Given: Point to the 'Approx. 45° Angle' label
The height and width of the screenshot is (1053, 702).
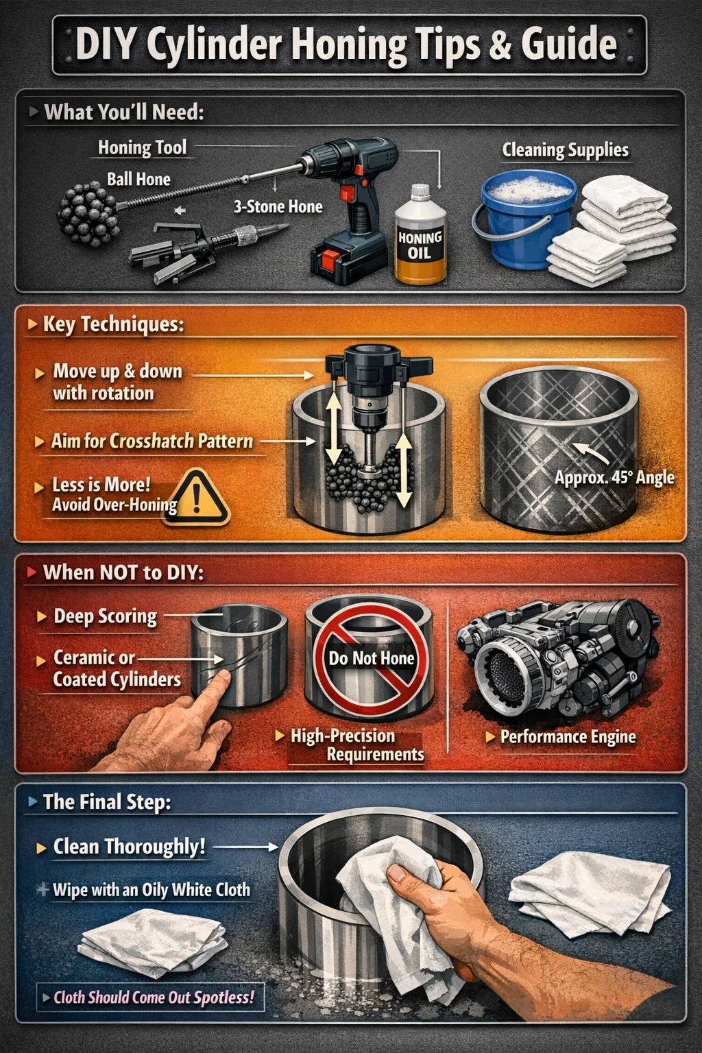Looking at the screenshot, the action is coord(614,478).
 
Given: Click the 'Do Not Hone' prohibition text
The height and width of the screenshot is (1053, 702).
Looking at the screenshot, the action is coord(372,658).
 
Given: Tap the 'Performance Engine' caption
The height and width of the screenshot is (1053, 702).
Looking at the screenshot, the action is coord(568,736).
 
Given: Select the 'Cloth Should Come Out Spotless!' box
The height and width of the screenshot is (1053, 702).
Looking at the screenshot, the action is coord(150,997).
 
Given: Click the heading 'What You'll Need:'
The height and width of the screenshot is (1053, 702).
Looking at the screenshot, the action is coord(124,112).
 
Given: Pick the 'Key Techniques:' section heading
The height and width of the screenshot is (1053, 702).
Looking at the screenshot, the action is coord(113,324).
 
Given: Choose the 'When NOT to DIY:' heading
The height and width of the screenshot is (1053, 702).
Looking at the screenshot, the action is coord(123,572).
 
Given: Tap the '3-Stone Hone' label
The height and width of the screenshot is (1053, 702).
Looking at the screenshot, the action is coord(278,206).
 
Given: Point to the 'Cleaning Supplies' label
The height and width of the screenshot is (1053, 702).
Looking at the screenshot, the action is coord(565,150).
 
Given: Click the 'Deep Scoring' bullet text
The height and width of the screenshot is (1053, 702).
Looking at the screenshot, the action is coord(106,616).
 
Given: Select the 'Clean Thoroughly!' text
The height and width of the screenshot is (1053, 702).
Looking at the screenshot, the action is coord(130,847).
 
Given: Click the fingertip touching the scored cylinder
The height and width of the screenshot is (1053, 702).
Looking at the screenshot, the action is coord(222,677).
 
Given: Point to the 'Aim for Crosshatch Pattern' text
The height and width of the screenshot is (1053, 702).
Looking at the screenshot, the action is coord(152,441).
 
